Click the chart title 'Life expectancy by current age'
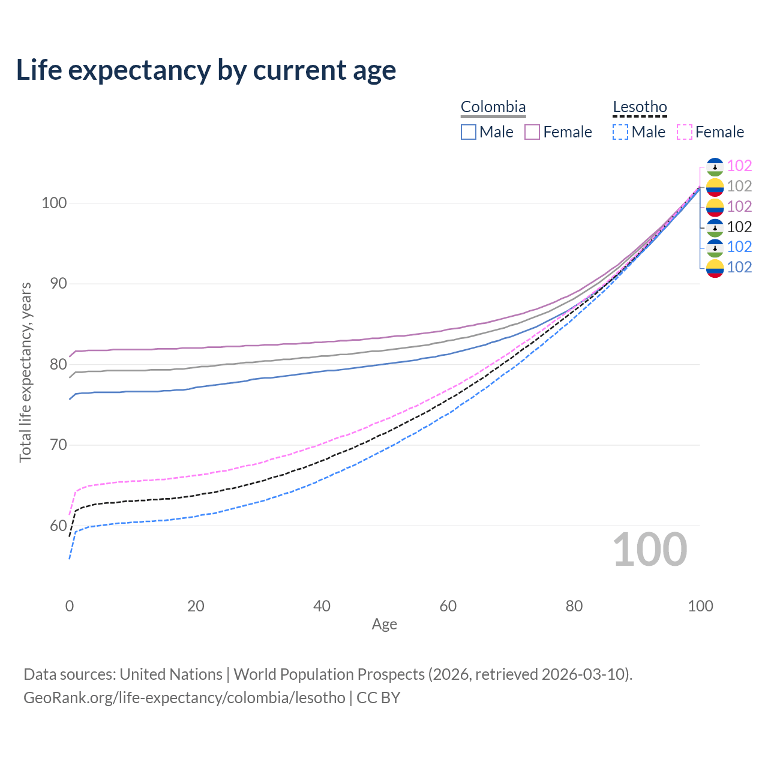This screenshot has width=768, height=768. tap(206, 70)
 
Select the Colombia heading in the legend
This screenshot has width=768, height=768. tap(493, 107)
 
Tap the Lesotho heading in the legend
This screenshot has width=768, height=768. tap(640, 107)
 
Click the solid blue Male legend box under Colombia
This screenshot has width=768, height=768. tap(469, 132)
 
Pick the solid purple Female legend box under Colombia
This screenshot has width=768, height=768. tap(532, 132)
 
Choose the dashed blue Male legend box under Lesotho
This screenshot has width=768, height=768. tap(620, 132)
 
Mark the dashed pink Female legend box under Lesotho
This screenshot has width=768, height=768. tap(685, 132)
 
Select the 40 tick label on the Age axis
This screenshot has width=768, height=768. tap(322, 606)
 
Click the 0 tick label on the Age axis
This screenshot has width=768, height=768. tap(70, 606)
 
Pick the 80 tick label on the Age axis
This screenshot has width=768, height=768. tap(574, 606)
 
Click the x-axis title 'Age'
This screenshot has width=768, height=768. tap(384, 625)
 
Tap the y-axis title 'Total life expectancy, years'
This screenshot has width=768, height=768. tap(25, 373)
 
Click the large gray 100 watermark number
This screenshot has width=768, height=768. tap(650, 550)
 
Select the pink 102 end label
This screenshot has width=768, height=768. tap(739, 166)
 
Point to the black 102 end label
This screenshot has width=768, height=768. tap(739, 227)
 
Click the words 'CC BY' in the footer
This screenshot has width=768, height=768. tap(378, 698)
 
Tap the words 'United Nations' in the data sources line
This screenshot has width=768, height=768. tap(171, 674)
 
